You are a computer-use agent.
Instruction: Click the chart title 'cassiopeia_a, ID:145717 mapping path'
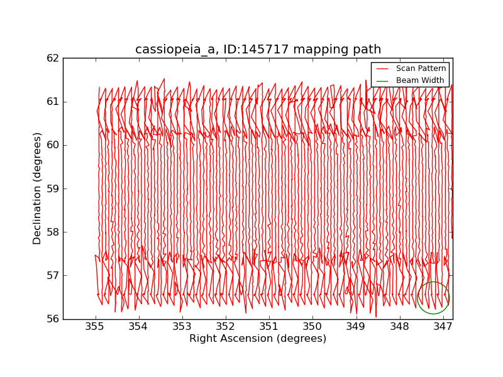(258, 50)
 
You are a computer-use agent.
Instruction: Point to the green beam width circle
(433, 298)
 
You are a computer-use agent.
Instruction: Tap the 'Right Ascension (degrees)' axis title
(258, 339)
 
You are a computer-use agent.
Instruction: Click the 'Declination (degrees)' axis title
(38, 188)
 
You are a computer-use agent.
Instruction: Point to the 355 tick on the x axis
(95, 327)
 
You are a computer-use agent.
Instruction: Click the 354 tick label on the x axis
(138, 327)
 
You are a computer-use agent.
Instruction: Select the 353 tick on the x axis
(182, 327)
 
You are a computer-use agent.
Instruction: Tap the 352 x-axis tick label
(225, 327)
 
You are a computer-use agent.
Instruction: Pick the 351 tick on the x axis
(268, 327)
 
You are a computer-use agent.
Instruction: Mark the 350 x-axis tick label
(312, 327)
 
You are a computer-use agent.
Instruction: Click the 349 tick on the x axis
(355, 327)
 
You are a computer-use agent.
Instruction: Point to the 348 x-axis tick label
(399, 327)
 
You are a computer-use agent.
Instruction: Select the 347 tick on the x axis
(443, 327)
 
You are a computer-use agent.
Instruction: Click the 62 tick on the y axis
(53, 58)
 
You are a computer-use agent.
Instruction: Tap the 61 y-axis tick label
(53, 101)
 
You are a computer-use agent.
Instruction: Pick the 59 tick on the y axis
(53, 188)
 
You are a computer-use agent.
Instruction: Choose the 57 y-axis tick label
(53, 275)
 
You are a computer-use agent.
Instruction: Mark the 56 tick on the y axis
(53, 319)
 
